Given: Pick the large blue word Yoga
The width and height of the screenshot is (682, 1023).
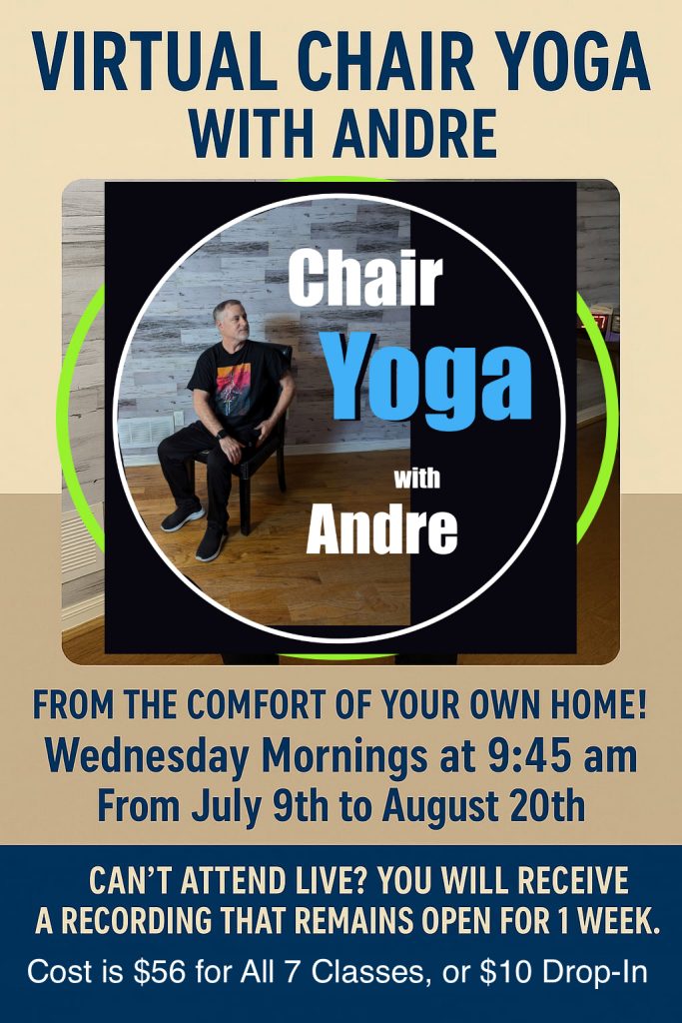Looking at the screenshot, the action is tap(430, 379).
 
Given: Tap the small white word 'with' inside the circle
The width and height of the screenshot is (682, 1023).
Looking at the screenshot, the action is tap(416, 479).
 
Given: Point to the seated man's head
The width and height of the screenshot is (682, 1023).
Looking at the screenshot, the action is tap(231, 321).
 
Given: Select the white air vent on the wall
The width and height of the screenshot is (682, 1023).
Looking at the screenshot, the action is tap(146, 432).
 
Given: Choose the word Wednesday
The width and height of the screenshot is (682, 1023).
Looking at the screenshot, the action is tap(148, 758).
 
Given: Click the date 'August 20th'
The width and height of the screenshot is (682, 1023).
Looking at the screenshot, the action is tap(483, 805).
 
